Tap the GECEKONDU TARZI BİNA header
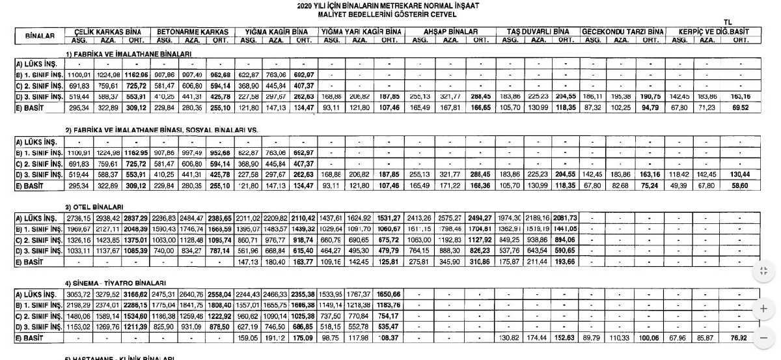tap(623, 31)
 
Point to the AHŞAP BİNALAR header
tap(451, 31)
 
